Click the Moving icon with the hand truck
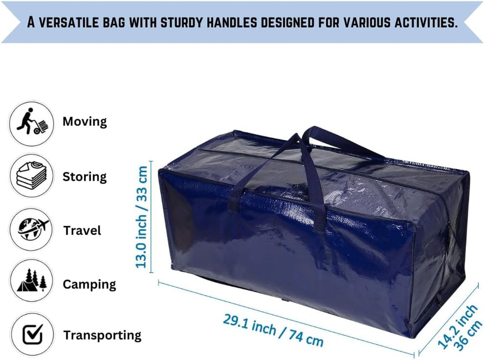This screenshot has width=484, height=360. point(32,123)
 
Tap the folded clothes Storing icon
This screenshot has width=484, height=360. point(32,176)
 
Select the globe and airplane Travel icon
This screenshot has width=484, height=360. point(32,229)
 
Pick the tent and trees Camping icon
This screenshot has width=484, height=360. point(32,281)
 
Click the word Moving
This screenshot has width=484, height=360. point(85,122)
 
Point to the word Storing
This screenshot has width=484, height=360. point(85,177)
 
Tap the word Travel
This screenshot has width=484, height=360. point(82,230)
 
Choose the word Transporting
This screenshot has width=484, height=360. point(103,335)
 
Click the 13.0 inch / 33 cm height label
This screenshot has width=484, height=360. point(142,217)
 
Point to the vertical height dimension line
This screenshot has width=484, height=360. point(151,217)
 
